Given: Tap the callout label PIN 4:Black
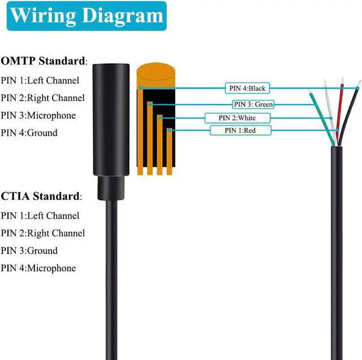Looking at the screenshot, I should (247, 88).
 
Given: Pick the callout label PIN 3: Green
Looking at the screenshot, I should (253, 104).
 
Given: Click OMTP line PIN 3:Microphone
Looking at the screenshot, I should (38, 115).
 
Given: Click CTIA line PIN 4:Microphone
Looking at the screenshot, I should (38, 268).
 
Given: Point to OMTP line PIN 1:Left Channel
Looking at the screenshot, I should (40, 80).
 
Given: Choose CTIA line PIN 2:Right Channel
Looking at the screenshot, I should (42, 233).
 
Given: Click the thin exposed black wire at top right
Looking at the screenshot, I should (352, 107).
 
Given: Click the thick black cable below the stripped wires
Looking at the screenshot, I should (337, 237).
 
